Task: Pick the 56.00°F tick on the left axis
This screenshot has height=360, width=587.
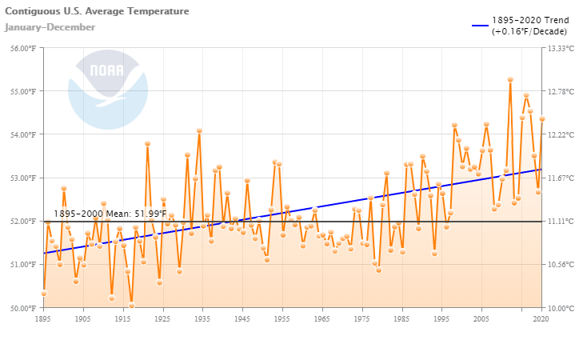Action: point(22,48)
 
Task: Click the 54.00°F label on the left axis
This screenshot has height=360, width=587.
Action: point(22,134)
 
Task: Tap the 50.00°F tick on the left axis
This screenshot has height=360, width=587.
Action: point(22,308)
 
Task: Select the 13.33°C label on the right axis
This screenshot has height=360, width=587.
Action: point(561,48)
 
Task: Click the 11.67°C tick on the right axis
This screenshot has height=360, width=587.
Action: point(561,178)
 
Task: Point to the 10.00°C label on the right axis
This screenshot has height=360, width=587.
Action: point(561,308)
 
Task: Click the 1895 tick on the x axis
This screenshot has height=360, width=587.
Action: point(44,318)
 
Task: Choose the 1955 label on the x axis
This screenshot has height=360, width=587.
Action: point(282,318)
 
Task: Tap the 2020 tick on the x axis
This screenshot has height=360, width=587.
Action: point(541,318)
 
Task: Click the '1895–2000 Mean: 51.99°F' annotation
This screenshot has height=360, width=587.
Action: point(110,214)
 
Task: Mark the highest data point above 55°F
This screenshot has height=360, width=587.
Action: point(510,79)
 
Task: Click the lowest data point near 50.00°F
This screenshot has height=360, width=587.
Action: point(132,306)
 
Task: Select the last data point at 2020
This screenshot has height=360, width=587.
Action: point(542,119)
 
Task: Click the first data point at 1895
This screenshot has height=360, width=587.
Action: point(44,294)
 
